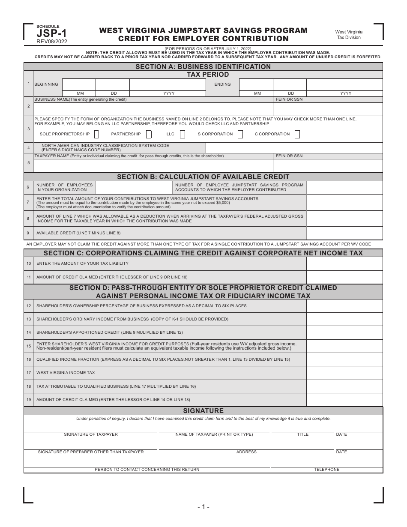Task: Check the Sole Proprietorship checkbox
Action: (x=96, y=134)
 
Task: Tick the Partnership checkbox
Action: (x=149, y=134)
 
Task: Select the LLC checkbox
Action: (x=183, y=134)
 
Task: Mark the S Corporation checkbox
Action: (x=240, y=134)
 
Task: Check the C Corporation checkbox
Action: (x=297, y=134)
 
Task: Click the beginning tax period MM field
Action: (x=79, y=84)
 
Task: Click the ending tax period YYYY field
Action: (x=345, y=84)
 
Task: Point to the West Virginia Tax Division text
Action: (x=348, y=35)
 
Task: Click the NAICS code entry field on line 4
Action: (x=294, y=148)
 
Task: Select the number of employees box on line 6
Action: (x=134, y=188)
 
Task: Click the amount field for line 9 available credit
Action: (x=344, y=233)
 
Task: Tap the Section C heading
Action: (x=203, y=253)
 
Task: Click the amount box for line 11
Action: (x=344, y=277)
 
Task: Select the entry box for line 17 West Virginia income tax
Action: (x=344, y=373)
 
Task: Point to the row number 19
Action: (x=29, y=399)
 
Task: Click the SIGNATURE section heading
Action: (x=203, y=410)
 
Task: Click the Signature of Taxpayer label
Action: (x=91, y=434)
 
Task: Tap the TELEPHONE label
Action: (x=326, y=470)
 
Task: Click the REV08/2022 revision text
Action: (x=52, y=42)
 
